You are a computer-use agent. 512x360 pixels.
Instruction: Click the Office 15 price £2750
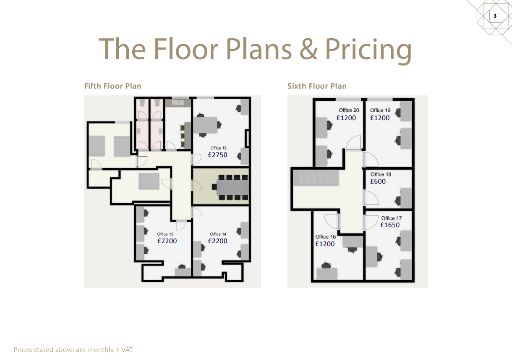pyautogui.click(x=217, y=155)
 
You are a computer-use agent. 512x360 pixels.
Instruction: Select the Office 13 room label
pyautogui.click(x=165, y=234)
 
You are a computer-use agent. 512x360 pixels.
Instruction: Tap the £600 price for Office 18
pyautogui.click(x=378, y=181)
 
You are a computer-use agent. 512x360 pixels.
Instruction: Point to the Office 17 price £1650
pyautogui.click(x=390, y=225)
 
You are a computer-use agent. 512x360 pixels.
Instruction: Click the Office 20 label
pyautogui.click(x=349, y=110)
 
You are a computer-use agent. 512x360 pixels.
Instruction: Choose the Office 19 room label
pyautogui.click(x=380, y=110)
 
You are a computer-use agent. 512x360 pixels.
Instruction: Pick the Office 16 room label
pyautogui.click(x=326, y=237)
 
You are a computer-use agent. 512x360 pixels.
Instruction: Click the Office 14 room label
pyautogui.click(x=218, y=234)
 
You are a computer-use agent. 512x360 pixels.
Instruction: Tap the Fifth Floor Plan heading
pyautogui.click(x=113, y=86)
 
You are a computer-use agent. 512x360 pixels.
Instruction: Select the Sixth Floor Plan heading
pyautogui.click(x=317, y=86)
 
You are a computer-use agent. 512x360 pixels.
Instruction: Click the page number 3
pyautogui.click(x=495, y=16)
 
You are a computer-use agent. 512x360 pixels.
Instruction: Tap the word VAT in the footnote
pyautogui.click(x=127, y=349)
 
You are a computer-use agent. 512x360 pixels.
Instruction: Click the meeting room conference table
pyautogui.click(x=232, y=187)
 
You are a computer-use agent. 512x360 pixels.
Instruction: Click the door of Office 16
pyautogui.click(x=332, y=222)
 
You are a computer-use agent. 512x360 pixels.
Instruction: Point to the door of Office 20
pyautogui.click(x=353, y=142)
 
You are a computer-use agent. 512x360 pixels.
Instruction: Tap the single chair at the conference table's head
pyautogui.click(x=214, y=187)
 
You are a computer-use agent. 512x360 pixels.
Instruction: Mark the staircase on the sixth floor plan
pyautogui.click(x=316, y=178)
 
